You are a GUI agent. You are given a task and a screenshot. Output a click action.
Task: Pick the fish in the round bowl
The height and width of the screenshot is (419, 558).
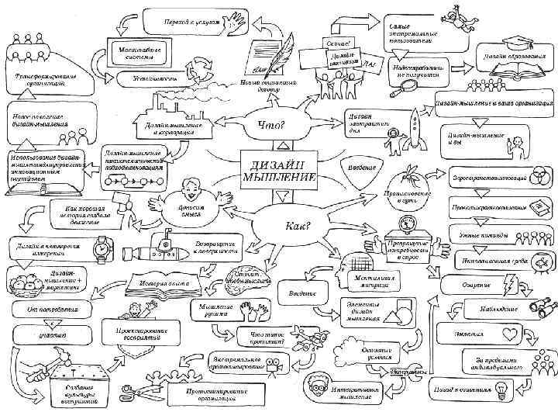click(539, 261)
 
